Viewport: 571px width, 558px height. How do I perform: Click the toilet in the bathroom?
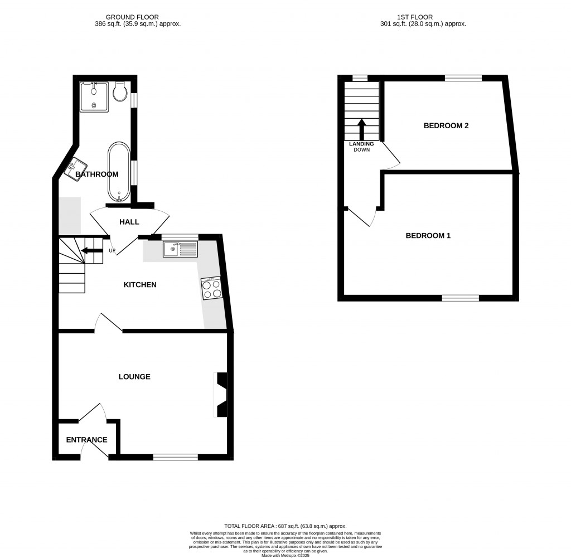(119, 92)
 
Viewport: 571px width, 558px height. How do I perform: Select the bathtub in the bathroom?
(119, 172)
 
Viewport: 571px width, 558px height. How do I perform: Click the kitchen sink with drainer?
(180, 249)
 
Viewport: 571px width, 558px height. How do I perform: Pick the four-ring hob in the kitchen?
(211, 288)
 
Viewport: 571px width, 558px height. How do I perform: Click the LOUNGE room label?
(134, 377)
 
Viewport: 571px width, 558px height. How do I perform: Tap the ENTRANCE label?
(86, 440)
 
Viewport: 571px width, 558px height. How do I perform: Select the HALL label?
(129, 222)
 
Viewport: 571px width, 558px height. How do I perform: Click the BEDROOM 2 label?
(446, 125)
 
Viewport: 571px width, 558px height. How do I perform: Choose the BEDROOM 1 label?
(428, 236)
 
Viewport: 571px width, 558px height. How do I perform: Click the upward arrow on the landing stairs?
(361, 129)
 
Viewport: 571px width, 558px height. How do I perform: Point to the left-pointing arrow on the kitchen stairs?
(92, 251)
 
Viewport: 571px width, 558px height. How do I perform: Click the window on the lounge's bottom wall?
(175, 458)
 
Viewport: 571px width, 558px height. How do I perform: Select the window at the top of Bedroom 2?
(463, 78)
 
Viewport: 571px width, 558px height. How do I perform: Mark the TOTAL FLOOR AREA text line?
(285, 526)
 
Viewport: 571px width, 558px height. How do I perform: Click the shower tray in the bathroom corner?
(94, 96)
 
